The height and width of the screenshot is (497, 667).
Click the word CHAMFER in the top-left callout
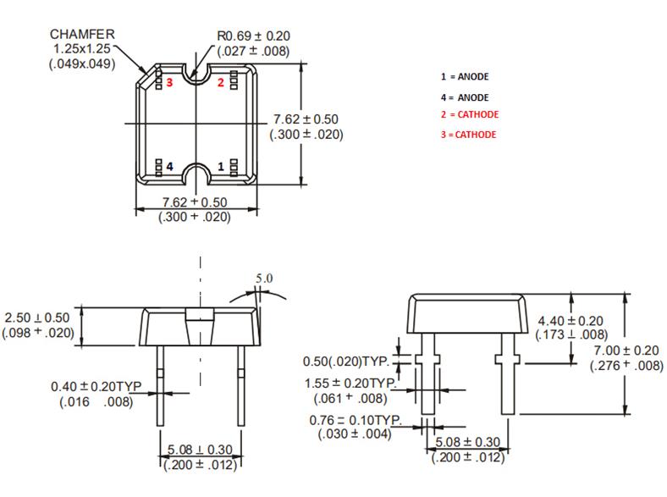point(81,35)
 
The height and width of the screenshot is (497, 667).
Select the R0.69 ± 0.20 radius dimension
point(252,36)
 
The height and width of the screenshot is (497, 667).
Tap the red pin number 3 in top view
point(170,82)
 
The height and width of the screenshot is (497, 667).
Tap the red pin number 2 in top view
point(221,82)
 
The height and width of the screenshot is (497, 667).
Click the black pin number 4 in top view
point(170,167)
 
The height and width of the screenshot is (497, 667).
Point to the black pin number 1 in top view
point(222,167)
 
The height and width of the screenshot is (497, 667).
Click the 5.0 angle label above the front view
point(265,277)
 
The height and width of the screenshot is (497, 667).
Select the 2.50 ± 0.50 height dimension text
point(39,317)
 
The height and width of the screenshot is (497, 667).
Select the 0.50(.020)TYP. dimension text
point(354,362)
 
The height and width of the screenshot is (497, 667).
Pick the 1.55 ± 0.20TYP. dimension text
point(351,383)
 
